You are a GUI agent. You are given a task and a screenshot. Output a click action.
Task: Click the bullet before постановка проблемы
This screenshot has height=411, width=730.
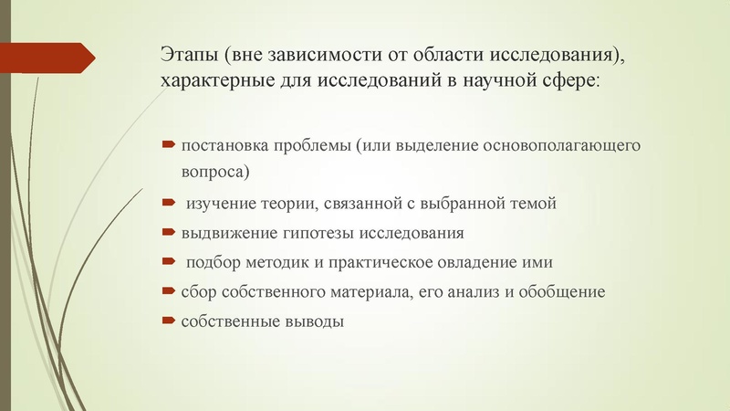click(x=168, y=145)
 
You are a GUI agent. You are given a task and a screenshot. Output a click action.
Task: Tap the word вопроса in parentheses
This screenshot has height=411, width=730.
click(x=213, y=171)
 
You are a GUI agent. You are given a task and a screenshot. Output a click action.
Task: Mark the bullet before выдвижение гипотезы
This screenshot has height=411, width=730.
click(x=168, y=232)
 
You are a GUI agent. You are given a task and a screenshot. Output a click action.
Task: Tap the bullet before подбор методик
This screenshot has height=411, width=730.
click(x=168, y=261)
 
